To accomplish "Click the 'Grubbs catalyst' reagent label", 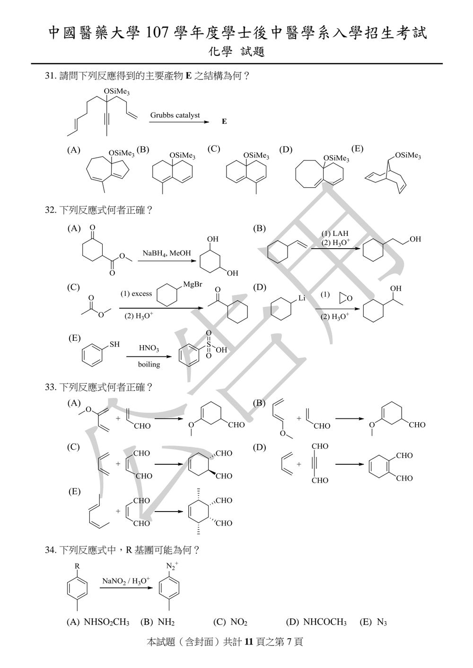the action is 175,115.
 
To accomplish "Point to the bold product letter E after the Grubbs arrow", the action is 224,121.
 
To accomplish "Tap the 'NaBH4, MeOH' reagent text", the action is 166,253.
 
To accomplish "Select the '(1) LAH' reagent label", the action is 335,234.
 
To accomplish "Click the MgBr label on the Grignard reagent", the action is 193,284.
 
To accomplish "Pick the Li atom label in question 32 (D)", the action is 302,298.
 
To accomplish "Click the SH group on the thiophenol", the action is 114,345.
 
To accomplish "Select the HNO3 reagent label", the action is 149,348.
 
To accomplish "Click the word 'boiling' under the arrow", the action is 149,364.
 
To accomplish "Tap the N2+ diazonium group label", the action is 172,565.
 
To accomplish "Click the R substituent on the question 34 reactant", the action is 77,566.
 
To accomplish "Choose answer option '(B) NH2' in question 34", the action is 157,622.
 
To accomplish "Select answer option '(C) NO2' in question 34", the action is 230,622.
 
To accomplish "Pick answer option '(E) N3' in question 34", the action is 373,622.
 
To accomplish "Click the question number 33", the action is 50,388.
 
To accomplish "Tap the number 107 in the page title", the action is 158,33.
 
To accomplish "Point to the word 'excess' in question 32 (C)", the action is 142,294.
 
